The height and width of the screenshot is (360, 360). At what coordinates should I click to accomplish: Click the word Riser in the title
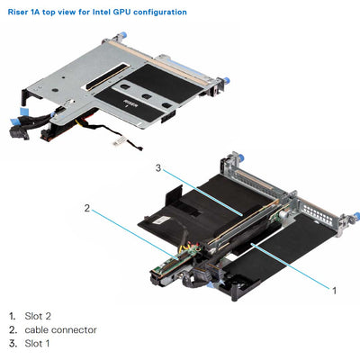click(x=17, y=12)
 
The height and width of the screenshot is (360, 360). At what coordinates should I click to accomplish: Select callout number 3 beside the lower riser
click(x=158, y=167)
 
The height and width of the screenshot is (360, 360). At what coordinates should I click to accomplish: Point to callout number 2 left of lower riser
click(x=88, y=208)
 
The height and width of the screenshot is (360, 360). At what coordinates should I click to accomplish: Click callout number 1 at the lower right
click(x=335, y=291)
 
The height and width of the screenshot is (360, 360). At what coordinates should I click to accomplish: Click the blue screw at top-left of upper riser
click(x=114, y=39)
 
